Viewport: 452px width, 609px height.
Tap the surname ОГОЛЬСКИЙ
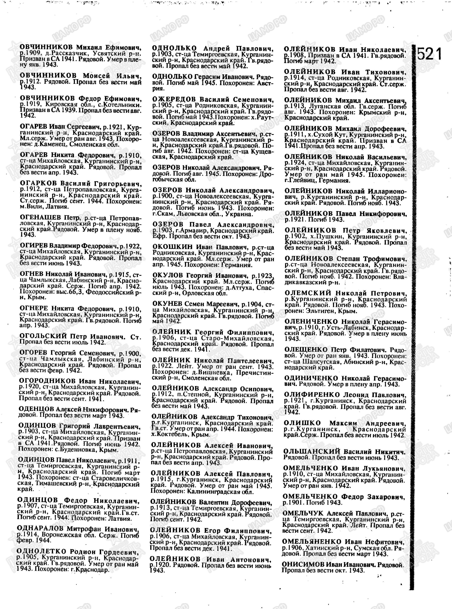tap(43, 336)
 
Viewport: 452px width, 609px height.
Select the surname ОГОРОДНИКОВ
tap(47, 381)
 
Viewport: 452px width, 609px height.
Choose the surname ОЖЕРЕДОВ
tap(174, 99)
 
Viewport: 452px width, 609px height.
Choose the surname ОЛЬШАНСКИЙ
tap(312, 452)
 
